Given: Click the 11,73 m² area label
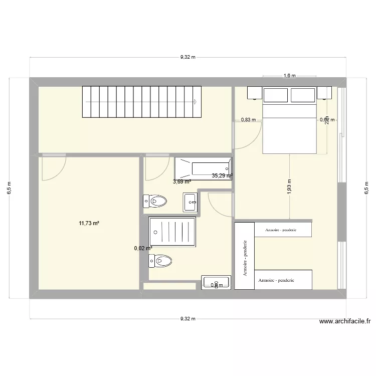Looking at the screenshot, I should click(89, 223).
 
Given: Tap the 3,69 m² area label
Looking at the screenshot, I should click(182, 181).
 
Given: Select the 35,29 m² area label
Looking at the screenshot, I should click(222, 175).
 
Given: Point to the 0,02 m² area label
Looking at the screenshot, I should click(143, 248).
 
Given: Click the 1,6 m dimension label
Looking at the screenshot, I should click(290, 76).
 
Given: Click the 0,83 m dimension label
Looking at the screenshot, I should click(248, 120).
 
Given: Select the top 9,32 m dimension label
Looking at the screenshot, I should click(187, 57).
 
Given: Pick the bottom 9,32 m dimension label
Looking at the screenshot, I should click(187, 318).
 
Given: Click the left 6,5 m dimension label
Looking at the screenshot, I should click(10, 188).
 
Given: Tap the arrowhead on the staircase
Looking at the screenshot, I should click(194, 101).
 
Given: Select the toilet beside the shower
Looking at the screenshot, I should click(160, 261).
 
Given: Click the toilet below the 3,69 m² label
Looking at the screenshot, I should click(155, 201).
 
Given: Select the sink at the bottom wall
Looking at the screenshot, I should click(216, 282).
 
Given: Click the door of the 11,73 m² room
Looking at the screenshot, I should click(54, 168).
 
